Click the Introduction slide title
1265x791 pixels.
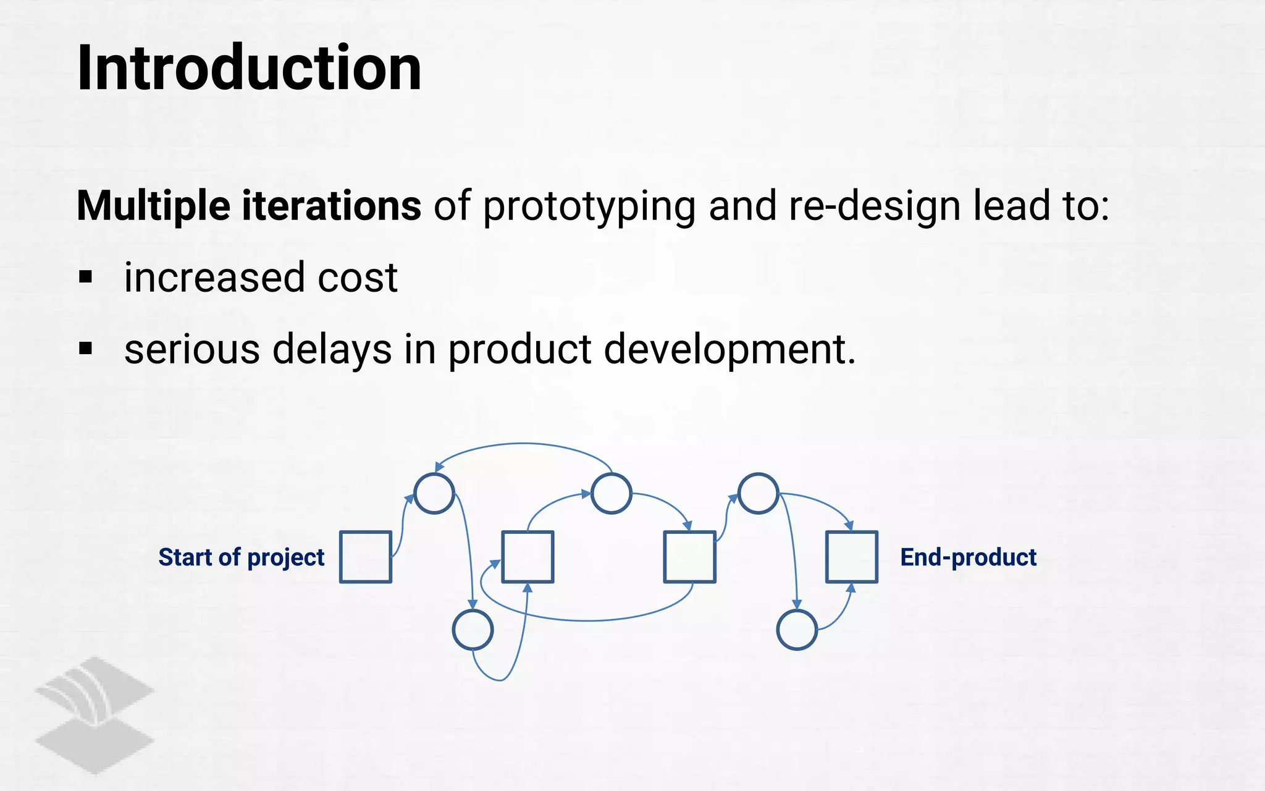(249, 68)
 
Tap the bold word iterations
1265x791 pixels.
(331, 206)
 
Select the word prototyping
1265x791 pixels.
(589, 207)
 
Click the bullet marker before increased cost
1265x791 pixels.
(85, 277)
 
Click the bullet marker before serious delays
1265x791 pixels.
(85, 349)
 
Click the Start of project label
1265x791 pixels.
(241, 557)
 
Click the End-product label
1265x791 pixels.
(968, 557)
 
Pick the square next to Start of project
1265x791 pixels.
(366, 557)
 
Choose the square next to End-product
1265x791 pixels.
(852, 557)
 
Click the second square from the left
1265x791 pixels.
(527, 557)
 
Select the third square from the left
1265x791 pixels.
(689, 557)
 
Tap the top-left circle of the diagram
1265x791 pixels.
(434, 494)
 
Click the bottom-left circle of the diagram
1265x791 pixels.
(473, 630)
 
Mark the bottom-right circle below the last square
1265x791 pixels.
(797, 630)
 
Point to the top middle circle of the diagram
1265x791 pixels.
(611, 494)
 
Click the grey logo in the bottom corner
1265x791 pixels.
(94, 715)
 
